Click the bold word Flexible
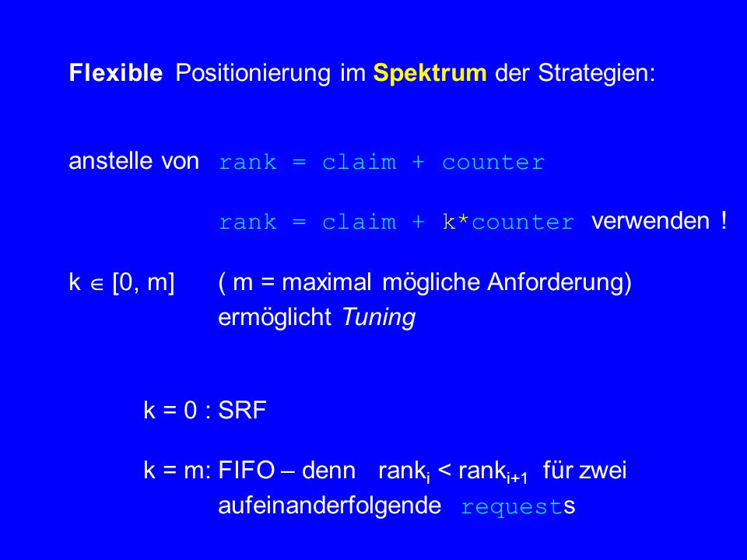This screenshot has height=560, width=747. [x=116, y=73]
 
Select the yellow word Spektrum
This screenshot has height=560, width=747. [x=430, y=74]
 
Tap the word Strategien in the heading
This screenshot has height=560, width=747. [x=596, y=74]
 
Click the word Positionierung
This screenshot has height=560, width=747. [x=253, y=74]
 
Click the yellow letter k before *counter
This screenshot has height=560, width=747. [x=449, y=222]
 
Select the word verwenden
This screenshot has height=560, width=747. [x=651, y=221]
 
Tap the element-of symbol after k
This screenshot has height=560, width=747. [x=97, y=285]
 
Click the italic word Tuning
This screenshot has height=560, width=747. [x=379, y=317]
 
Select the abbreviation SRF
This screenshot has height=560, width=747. [x=242, y=410]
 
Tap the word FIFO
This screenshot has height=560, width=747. [x=247, y=470]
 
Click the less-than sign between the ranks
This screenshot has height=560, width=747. [x=444, y=471]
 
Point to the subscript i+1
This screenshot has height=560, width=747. [x=517, y=478]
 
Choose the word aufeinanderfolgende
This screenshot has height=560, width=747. [x=330, y=506]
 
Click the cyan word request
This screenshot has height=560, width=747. [x=512, y=506]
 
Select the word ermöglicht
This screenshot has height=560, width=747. [x=275, y=317]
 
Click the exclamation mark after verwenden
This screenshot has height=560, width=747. [x=724, y=220]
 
